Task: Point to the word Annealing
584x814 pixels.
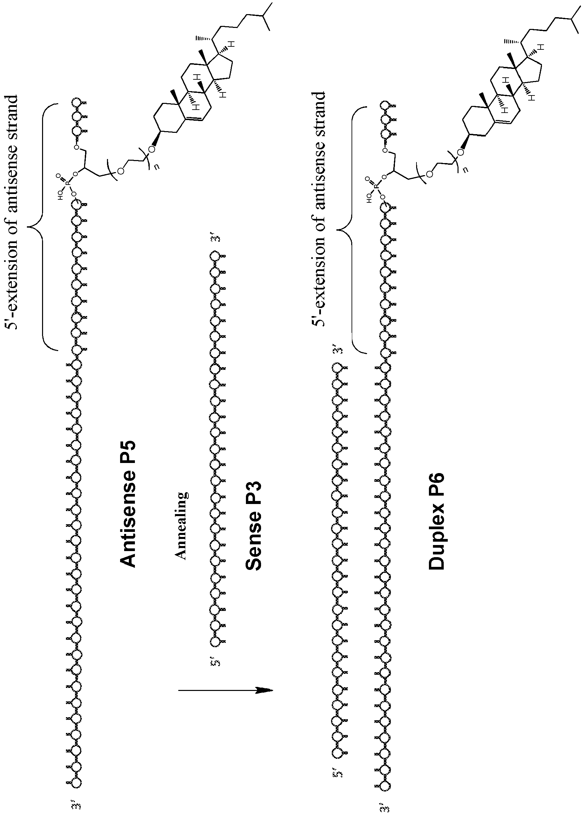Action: coord(182,527)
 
